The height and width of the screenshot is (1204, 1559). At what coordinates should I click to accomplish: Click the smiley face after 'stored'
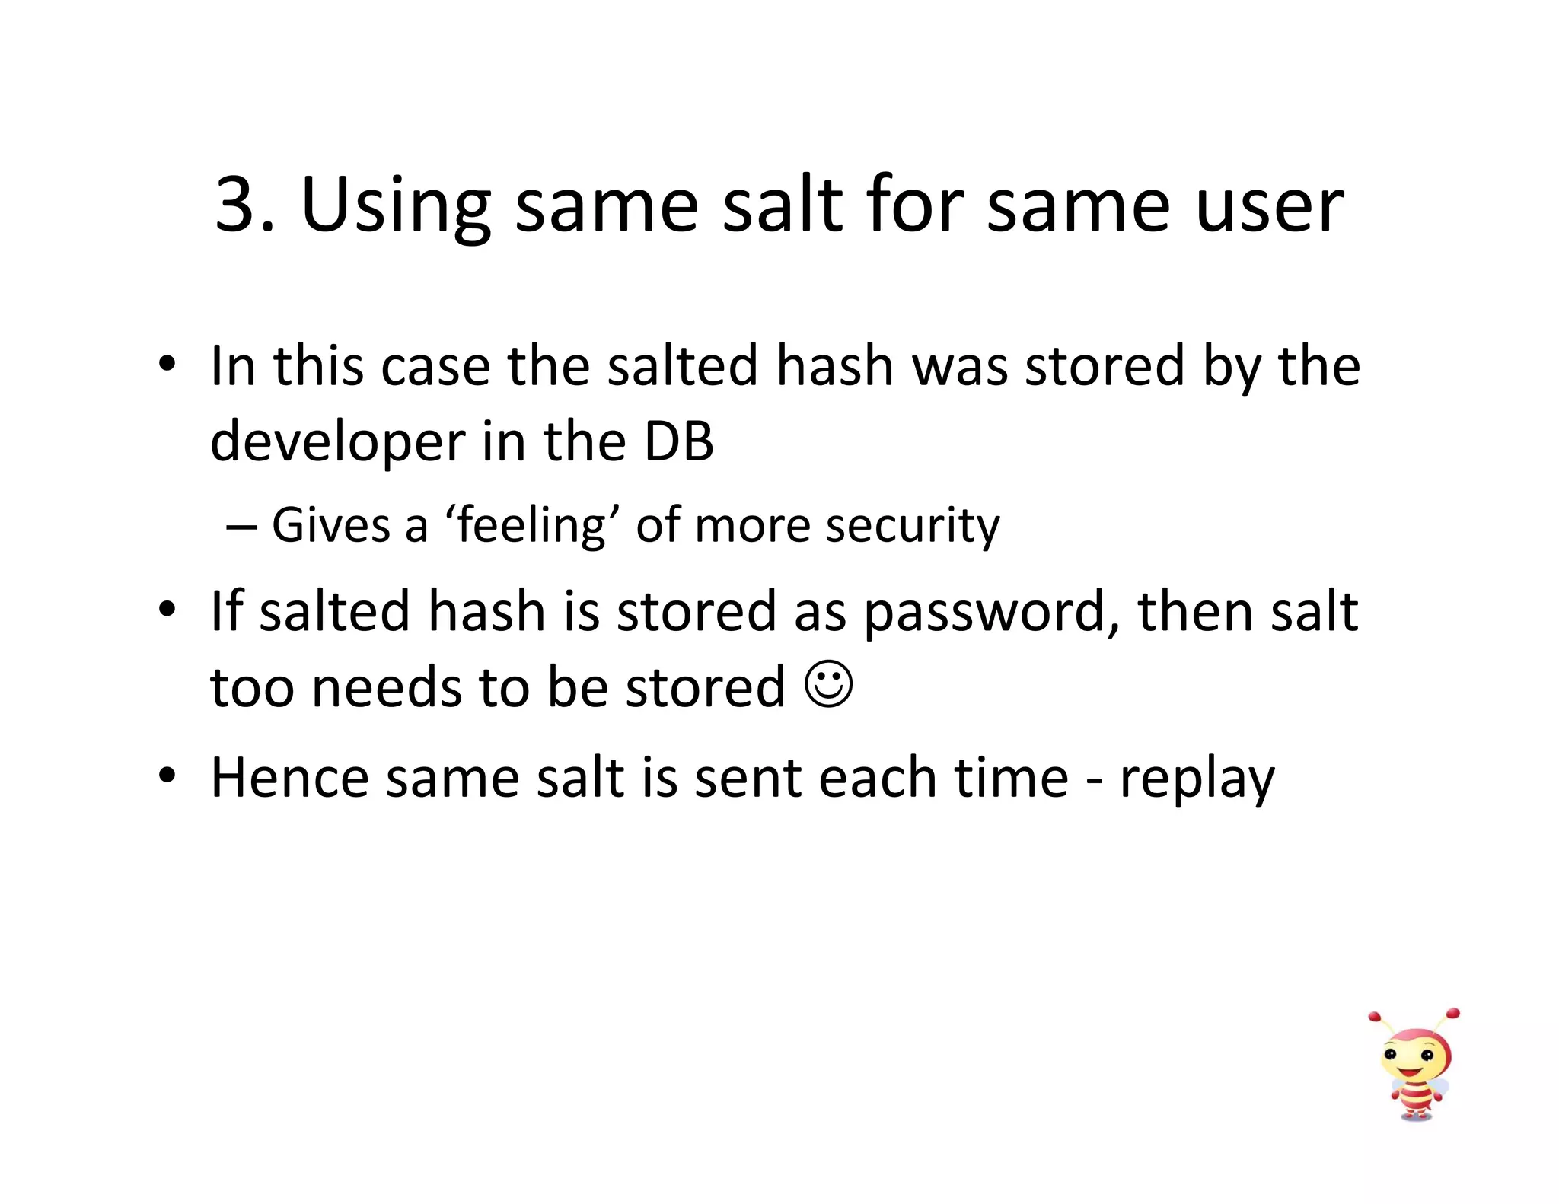828,685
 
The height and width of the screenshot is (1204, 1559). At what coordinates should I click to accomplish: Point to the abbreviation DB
679,441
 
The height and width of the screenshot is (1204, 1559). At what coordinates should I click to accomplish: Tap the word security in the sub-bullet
913,526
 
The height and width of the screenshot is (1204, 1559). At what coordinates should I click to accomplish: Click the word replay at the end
1197,779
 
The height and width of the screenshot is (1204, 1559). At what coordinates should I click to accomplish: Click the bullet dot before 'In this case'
167,365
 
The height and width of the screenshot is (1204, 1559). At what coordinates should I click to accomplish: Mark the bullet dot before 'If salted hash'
167,610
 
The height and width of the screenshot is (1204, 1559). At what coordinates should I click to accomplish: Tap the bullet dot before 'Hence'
167,776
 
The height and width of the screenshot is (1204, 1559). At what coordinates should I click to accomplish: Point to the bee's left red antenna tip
1374,1017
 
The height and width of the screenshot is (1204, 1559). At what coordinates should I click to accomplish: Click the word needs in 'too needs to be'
387,688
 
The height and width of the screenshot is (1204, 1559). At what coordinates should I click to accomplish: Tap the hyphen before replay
1094,781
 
